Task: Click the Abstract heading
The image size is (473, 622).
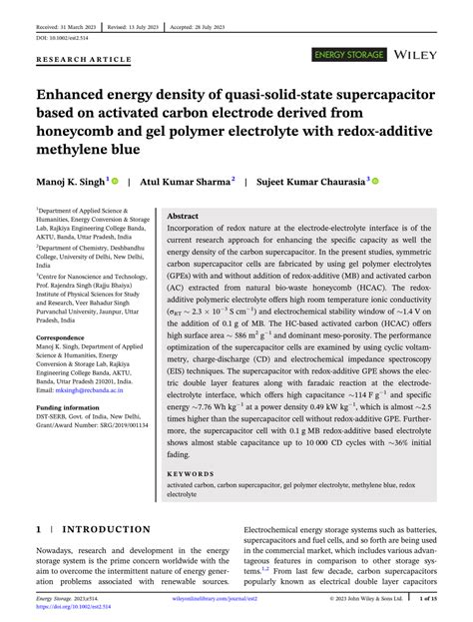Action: pyautogui.click(x=183, y=216)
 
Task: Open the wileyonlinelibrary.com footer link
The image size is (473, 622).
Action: pyautogui.click(x=236, y=599)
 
